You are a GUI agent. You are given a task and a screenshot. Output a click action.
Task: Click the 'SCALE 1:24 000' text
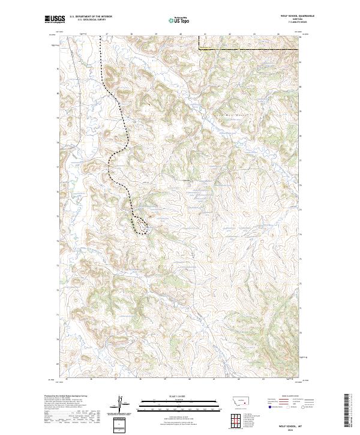pyautogui.click(x=174, y=396)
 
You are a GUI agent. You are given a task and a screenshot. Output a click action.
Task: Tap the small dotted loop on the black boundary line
pyautogui.click(x=140, y=223)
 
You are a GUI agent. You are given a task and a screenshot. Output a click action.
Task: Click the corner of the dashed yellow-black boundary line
pyautogui.click(x=199, y=49)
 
